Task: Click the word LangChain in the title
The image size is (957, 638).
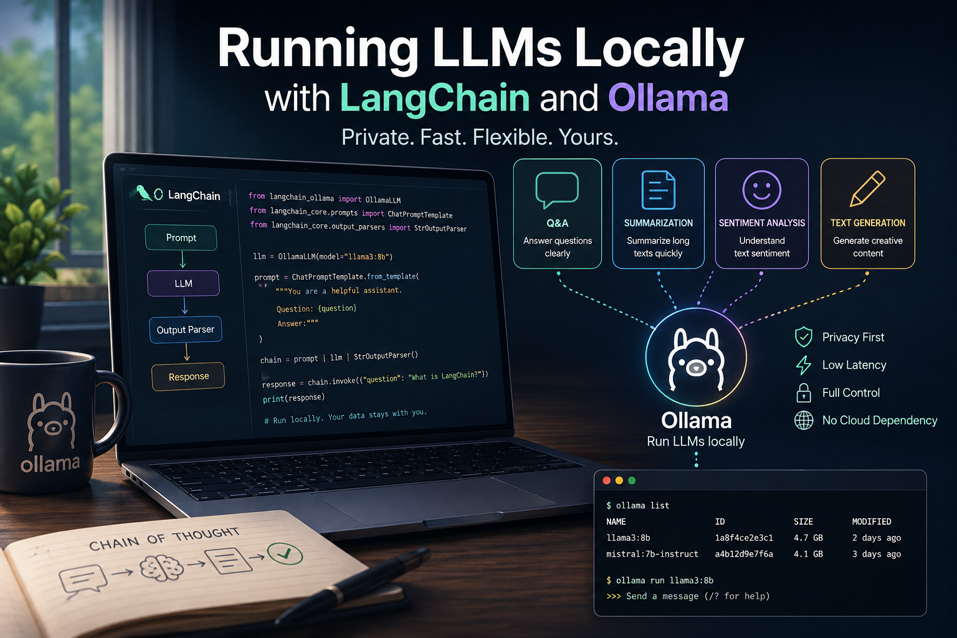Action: point(434,98)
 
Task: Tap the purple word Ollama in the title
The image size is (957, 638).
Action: point(668,98)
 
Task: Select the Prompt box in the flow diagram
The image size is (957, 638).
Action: point(181,237)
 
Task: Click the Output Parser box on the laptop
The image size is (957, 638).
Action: point(186,330)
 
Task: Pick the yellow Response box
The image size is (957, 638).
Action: point(188,376)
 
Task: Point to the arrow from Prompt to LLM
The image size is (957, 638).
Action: point(183,259)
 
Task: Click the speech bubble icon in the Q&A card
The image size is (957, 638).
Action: point(556,190)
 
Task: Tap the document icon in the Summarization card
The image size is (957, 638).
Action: point(659,190)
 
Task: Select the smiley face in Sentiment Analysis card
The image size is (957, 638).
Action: point(762,190)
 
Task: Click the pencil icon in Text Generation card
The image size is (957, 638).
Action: point(867,189)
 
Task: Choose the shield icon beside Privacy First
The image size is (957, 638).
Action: point(804,337)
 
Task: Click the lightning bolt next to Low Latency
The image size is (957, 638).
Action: point(804,365)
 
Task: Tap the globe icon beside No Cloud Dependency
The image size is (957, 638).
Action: point(804,421)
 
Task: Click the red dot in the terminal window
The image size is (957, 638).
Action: point(606,480)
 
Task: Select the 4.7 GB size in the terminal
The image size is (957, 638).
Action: point(808,538)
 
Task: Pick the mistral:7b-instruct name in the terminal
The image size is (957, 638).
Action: point(652,554)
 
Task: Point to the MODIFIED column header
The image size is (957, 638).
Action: point(872,521)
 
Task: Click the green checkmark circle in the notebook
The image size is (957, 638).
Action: point(285,554)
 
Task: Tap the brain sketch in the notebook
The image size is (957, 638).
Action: point(162,568)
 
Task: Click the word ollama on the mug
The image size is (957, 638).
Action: point(50,464)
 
